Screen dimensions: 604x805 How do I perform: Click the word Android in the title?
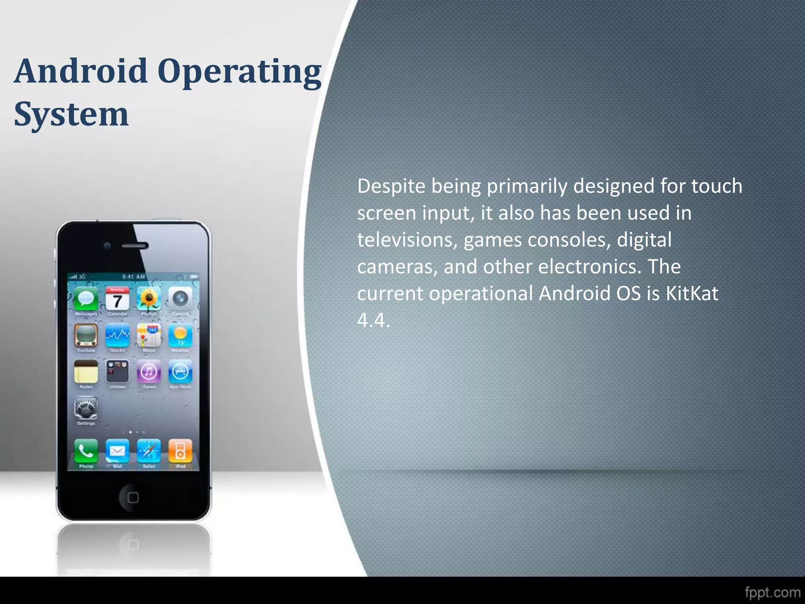(x=81, y=71)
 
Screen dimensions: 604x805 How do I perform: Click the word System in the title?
(x=71, y=114)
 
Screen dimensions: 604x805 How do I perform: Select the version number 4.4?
(x=373, y=320)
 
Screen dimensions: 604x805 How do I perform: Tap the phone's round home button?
(x=133, y=497)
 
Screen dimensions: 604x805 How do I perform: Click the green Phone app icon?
(x=86, y=451)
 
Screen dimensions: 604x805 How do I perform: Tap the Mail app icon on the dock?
(x=118, y=451)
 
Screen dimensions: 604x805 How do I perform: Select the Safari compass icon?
(x=149, y=451)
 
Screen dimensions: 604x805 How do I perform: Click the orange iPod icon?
(x=180, y=451)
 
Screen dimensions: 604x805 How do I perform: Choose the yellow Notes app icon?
(x=86, y=372)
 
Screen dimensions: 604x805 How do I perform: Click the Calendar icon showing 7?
(x=118, y=299)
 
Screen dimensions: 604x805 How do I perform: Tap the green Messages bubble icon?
(x=86, y=299)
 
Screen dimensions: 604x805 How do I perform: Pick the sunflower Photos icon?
(x=149, y=299)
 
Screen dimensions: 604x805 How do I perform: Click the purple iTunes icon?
(x=149, y=372)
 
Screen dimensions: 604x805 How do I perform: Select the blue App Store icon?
(x=180, y=372)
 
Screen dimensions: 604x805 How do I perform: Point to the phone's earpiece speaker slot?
(x=135, y=246)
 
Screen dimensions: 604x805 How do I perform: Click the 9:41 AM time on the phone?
(x=134, y=276)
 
